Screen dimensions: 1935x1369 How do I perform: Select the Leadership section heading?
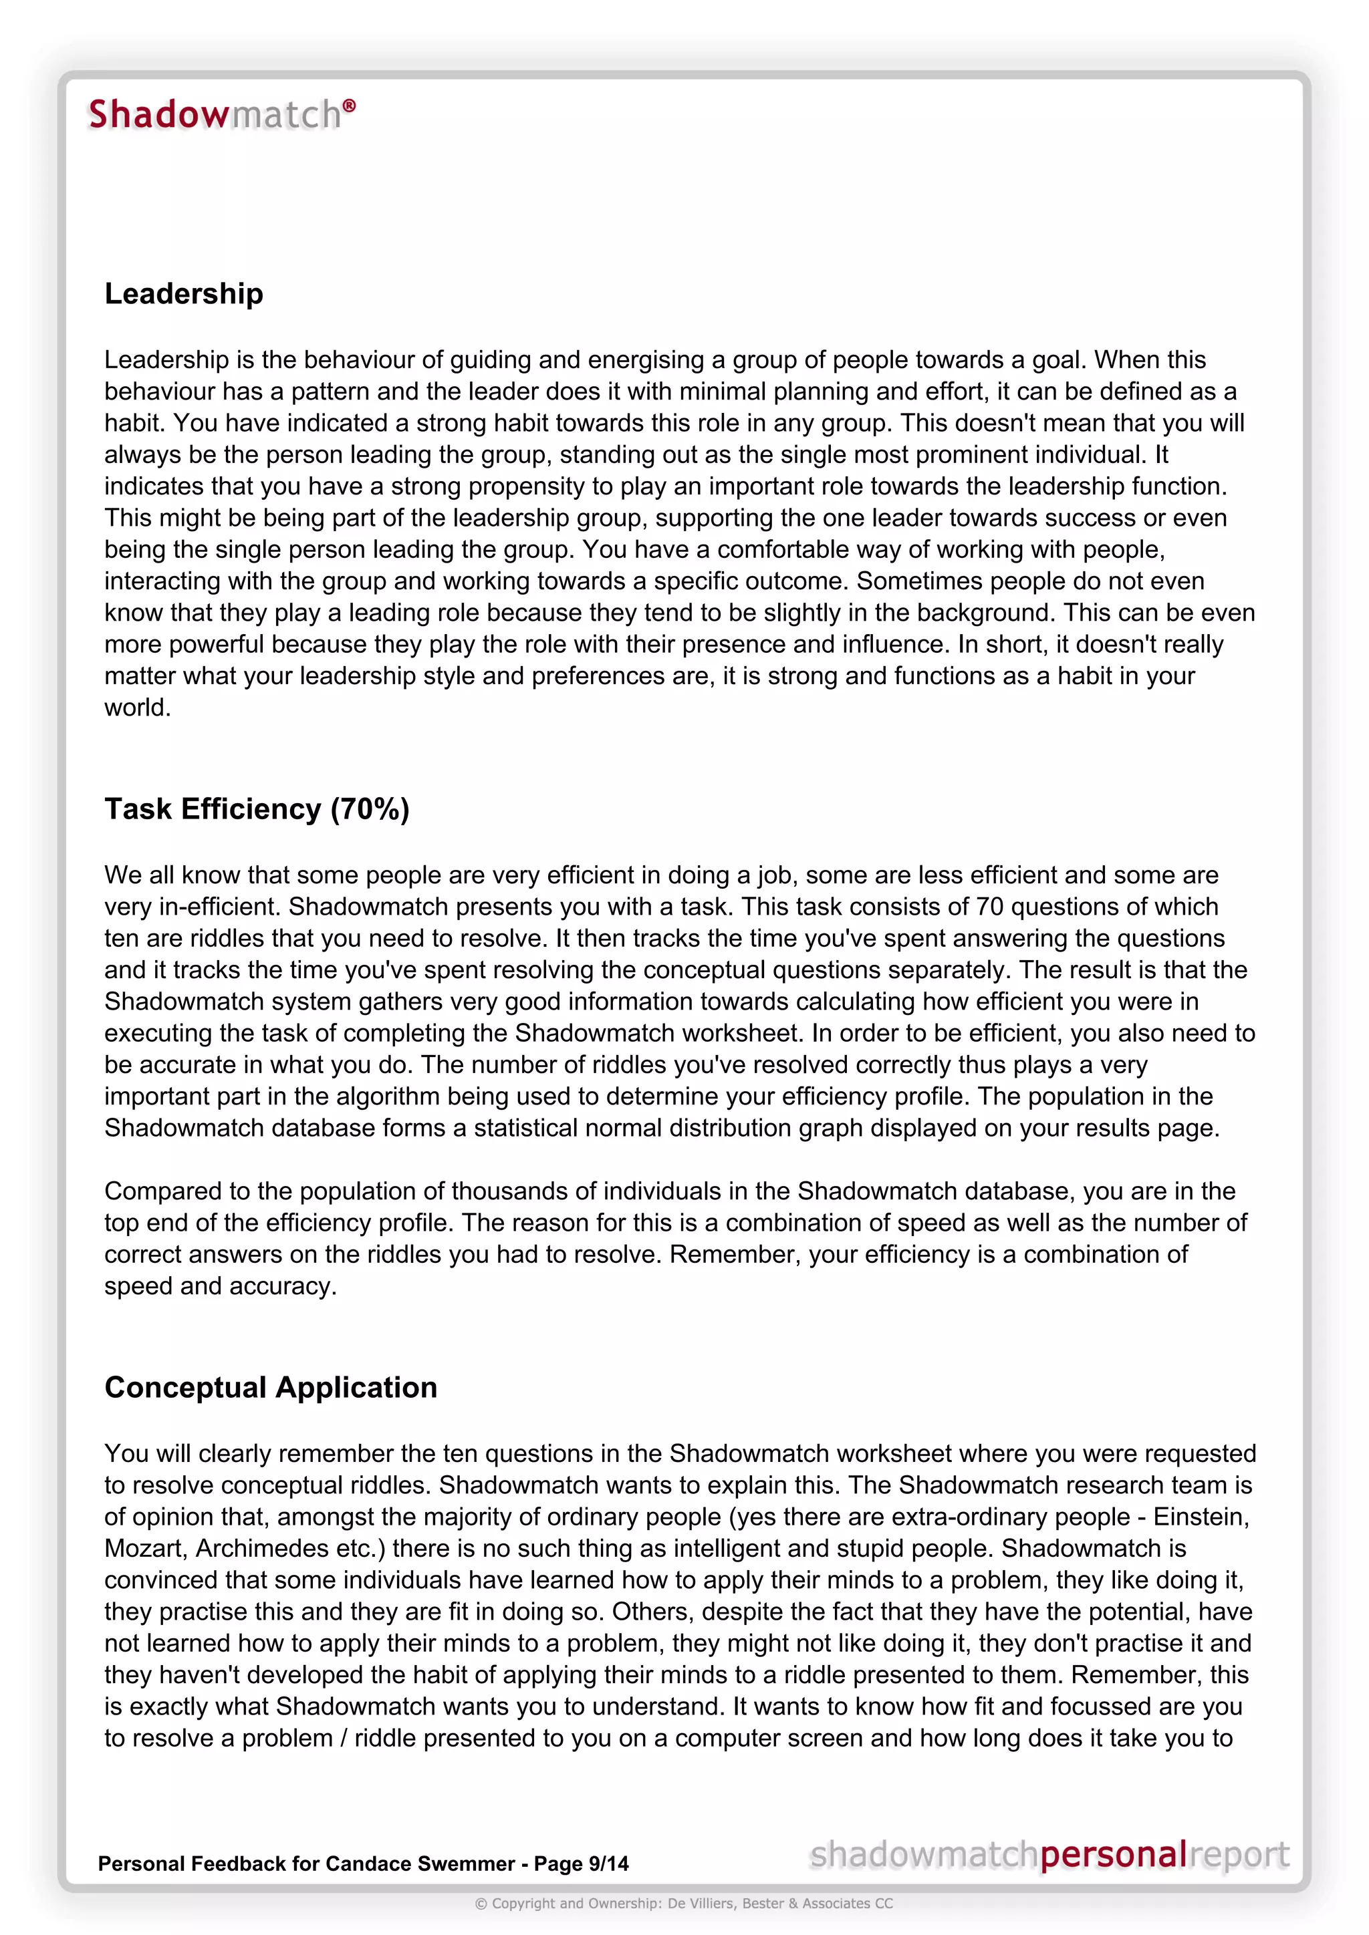point(184,293)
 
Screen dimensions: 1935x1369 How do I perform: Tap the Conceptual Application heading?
point(271,1388)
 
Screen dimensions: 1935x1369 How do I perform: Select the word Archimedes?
point(257,1549)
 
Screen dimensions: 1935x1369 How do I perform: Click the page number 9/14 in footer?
point(609,1864)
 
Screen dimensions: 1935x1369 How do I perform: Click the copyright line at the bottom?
point(684,1904)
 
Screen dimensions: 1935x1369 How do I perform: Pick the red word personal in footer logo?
point(1113,1855)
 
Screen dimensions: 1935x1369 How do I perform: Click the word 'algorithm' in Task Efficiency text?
point(384,1096)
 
